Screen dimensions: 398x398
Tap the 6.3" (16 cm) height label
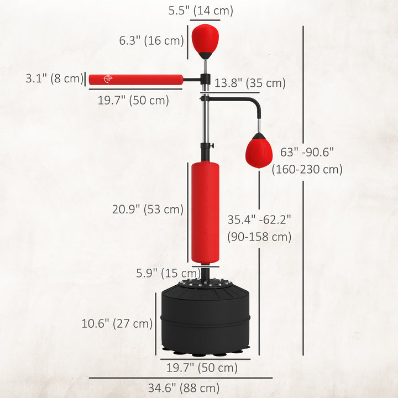151,40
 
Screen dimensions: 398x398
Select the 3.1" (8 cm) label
54,78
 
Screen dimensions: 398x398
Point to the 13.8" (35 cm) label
249,83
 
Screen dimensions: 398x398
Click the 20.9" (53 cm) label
148,210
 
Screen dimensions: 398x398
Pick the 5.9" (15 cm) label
168,273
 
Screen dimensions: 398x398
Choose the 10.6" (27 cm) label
117,324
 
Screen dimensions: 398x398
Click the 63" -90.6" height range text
307,151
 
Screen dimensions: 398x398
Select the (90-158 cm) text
259,237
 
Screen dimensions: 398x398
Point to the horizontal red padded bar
136,80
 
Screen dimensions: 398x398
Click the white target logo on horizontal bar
107,80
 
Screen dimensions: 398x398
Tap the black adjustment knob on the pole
209,147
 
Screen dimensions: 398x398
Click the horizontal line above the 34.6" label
181,378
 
